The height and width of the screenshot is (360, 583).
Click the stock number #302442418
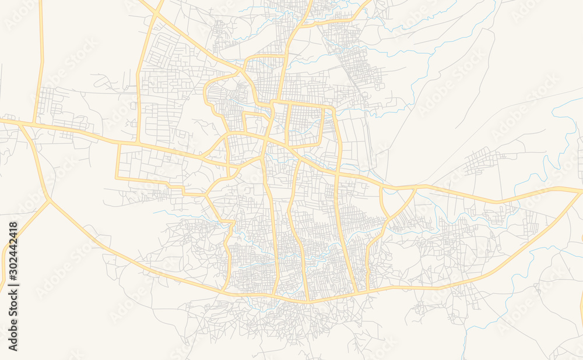tap(13, 254)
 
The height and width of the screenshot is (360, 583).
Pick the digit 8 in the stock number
tap(13, 225)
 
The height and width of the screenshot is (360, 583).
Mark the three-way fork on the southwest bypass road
tap(49, 201)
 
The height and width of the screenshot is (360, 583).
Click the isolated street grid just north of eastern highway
tap(481, 160)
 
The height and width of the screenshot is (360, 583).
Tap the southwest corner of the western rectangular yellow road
tap(117, 177)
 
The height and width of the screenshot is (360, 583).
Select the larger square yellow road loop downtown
tap(304, 125)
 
